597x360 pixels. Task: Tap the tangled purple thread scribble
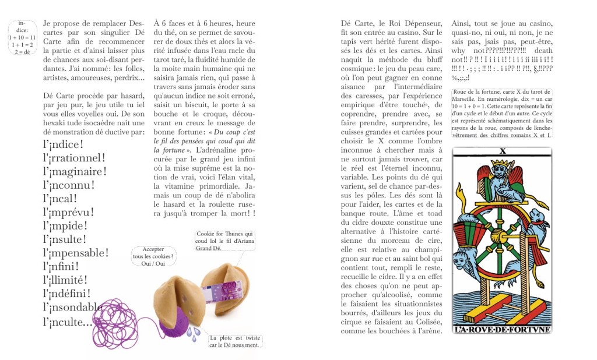click(114, 323)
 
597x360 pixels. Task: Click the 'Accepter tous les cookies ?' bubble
click(153, 256)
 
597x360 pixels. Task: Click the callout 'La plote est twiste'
click(234, 341)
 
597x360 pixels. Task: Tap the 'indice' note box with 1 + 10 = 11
click(22, 37)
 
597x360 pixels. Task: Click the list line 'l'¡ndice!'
click(64, 144)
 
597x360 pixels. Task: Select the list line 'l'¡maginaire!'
click(75, 171)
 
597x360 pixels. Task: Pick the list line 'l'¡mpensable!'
click(76, 252)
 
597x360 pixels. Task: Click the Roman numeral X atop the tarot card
click(501, 152)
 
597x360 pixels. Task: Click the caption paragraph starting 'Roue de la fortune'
click(501, 114)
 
